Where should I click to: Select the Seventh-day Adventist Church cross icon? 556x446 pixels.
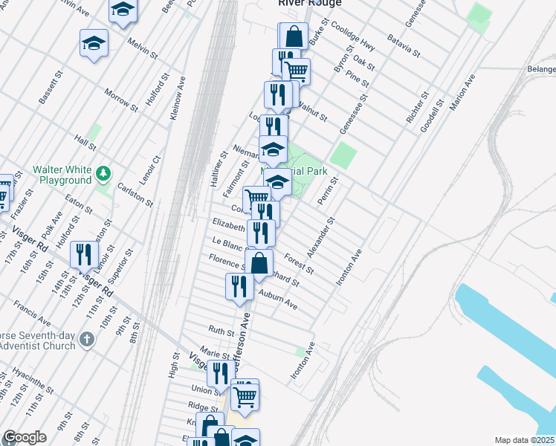tap(87, 340)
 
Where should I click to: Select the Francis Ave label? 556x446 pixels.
tap(32, 313)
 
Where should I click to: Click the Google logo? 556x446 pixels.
tap(25, 438)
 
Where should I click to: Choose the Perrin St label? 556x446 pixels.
tap(328, 191)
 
